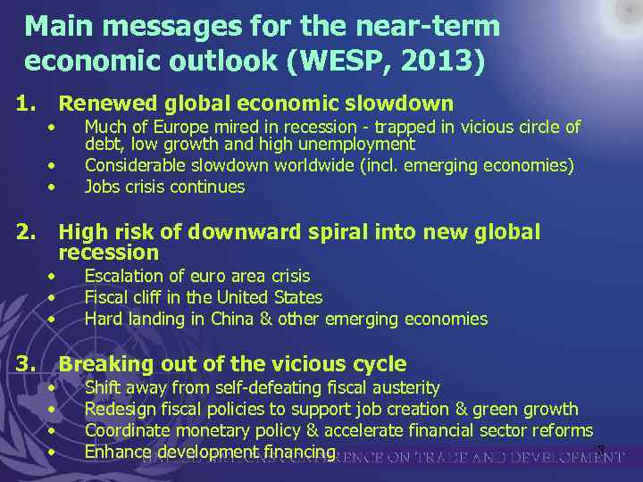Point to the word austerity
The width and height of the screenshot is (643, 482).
tap(405, 387)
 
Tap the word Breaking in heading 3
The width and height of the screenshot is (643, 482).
tap(101, 364)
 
